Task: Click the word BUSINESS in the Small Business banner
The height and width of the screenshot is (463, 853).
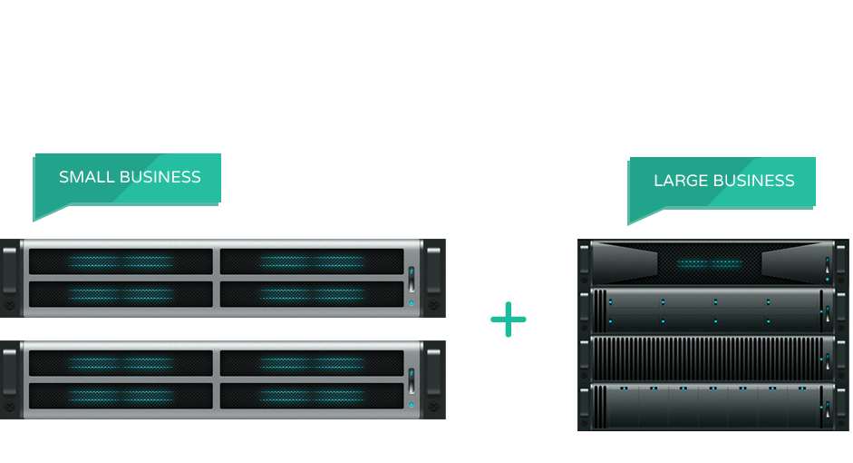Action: click(160, 177)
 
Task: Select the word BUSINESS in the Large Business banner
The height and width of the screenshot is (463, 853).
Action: click(754, 181)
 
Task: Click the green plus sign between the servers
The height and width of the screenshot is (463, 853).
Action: click(509, 320)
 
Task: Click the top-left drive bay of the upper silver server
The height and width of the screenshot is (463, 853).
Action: click(121, 261)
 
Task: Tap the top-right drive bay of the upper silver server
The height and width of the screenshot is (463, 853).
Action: click(312, 261)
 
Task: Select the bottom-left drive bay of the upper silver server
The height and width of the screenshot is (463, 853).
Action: click(121, 294)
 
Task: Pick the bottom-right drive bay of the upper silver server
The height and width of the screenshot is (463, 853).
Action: click(312, 294)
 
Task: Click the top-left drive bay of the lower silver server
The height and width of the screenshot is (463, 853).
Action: click(121, 363)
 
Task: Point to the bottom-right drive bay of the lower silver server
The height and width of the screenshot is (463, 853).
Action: click(312, 396)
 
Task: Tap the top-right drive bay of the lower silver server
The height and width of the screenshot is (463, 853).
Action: click(312, 363)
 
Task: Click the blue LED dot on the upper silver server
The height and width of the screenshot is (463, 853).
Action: click(412, 303)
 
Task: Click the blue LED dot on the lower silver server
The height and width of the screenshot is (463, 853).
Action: click(412, 405)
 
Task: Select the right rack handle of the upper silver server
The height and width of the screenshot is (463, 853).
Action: click(433, 271)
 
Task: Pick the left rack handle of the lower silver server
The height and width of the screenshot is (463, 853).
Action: click(10, 372)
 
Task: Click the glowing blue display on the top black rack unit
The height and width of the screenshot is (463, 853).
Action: click(710, 263)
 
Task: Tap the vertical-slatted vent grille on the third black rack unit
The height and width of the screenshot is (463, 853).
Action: click(707, 359)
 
